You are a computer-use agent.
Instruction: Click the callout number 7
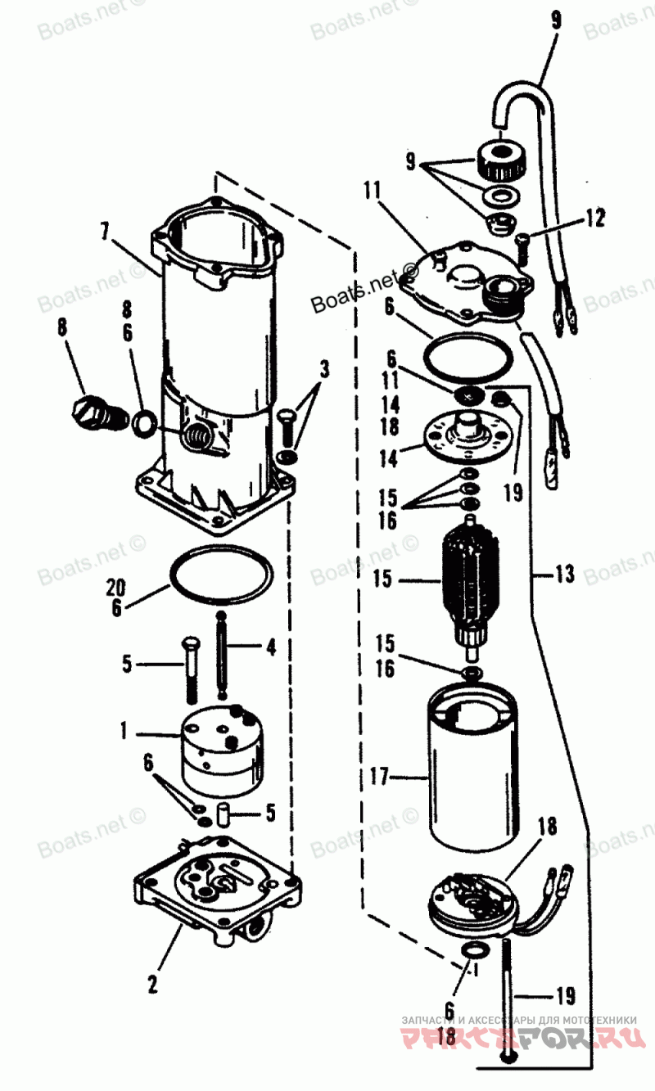(105, 231)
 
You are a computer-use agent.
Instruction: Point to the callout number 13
(564, 575)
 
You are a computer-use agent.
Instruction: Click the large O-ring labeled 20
(220, 575)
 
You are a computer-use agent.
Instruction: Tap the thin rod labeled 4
(222, 655)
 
